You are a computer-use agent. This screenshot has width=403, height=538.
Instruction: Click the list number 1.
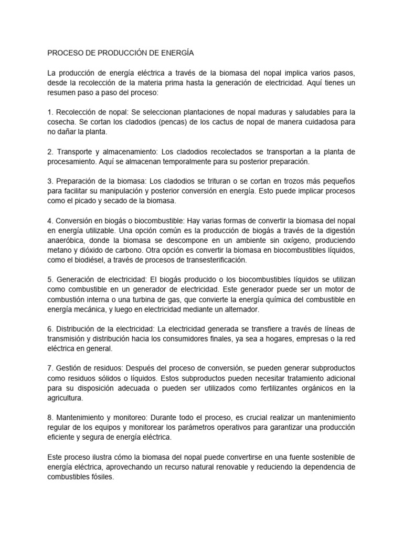click(50, 111)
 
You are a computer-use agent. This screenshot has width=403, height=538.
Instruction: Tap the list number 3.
click(50, 181)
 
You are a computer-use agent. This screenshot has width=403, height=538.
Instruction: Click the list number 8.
click(50, 418)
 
